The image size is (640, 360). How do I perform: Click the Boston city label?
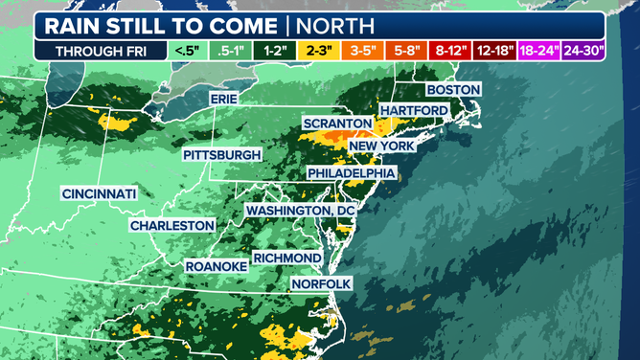[453, 89]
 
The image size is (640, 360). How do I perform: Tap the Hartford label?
[414, 111]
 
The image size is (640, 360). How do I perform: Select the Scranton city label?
[336, 124]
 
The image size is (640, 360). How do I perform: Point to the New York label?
[381, 146]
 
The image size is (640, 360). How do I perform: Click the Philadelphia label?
[351, 172]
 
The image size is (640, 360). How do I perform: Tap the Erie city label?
[225, 99]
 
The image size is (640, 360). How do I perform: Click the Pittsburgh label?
[222, 154]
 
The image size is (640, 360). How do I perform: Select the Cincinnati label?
[99, 193]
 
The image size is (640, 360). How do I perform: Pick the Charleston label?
[172, 225]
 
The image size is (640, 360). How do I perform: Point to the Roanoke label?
[217, 265]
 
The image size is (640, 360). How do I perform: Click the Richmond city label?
[288, 259]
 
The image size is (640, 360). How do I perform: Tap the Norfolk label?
[323, 284]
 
